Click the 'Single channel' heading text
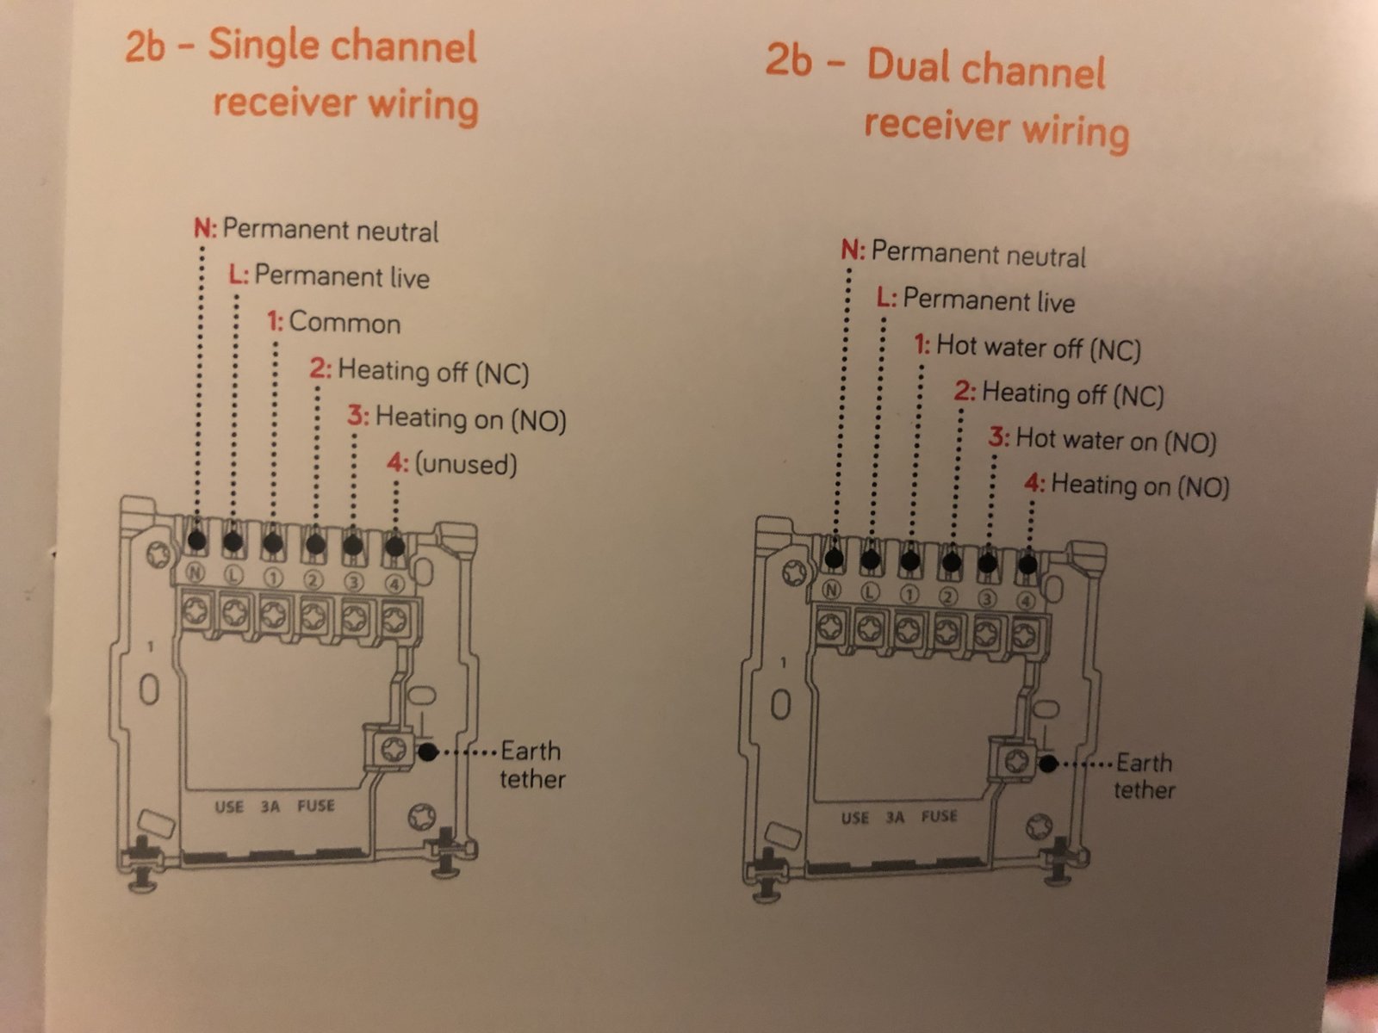tap(342, 46)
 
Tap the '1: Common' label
tap(333, 322)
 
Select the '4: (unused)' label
tap(452, 464)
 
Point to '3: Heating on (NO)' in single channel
tap(457, 418)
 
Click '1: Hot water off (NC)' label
tap(1027, 348)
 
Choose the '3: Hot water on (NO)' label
tap(1102, 440)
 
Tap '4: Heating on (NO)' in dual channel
tap(1127, 486)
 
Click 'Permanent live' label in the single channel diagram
tap(342, 276)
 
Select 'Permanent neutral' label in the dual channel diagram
tap(978, 254)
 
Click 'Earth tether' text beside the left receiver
tap(532, 765)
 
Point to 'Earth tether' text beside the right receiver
tap(1144, 776)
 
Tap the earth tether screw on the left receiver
tap(394, 749)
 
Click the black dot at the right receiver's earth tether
tap(1048, 764)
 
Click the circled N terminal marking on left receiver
tap(196, 572)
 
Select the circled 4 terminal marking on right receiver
tap(1025, 602)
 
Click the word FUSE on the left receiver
tap(316, 806)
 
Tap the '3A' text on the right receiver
tap(895, 817)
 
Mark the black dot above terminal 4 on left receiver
tap(394, 547)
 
